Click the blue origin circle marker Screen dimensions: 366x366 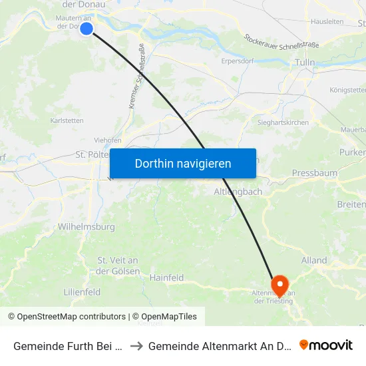pyautogui.click(x=87, y=28)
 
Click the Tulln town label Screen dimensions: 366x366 pyautogui.click(x=304, y=62)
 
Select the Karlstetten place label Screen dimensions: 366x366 pyautogui.click(x=67, y=120)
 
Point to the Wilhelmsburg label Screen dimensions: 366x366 pyautogui.click(x=87, y=227)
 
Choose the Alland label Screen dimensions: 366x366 pyautogui.click(x=313, y=260)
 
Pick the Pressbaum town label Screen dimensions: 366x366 pyautogui.click(x=315, y=174)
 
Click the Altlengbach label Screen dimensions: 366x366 pyautogui.click(x=238, y=192)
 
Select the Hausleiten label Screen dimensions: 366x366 pyautogui.click(x=327, y=21)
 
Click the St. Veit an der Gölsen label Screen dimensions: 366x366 pyautogui.click(x=118, y=266)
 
